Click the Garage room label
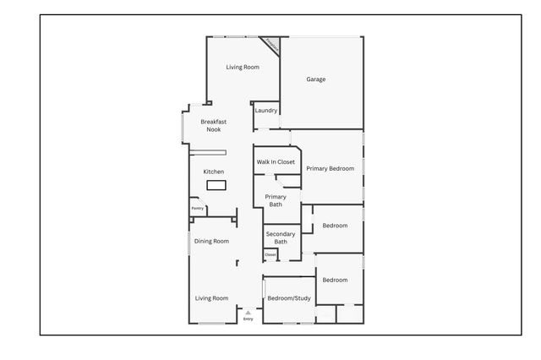pos(315,79)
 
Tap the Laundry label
pos(266,111)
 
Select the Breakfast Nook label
pos(213,125)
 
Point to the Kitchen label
pos(214,172)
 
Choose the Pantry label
pos(197,208)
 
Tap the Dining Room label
pos(211,242)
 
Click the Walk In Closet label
pos(276,161)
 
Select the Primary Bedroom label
pos(330,168)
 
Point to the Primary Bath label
pos(276,200)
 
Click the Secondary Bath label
pos(280,237)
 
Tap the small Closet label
pos(270,254)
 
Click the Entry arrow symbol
pos(248,312)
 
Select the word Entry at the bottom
pos(248,319)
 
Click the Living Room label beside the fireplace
pos(242,67)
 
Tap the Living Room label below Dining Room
pos(211,297)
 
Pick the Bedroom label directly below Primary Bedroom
pos(335,226)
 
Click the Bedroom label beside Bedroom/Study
pos(334,280)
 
